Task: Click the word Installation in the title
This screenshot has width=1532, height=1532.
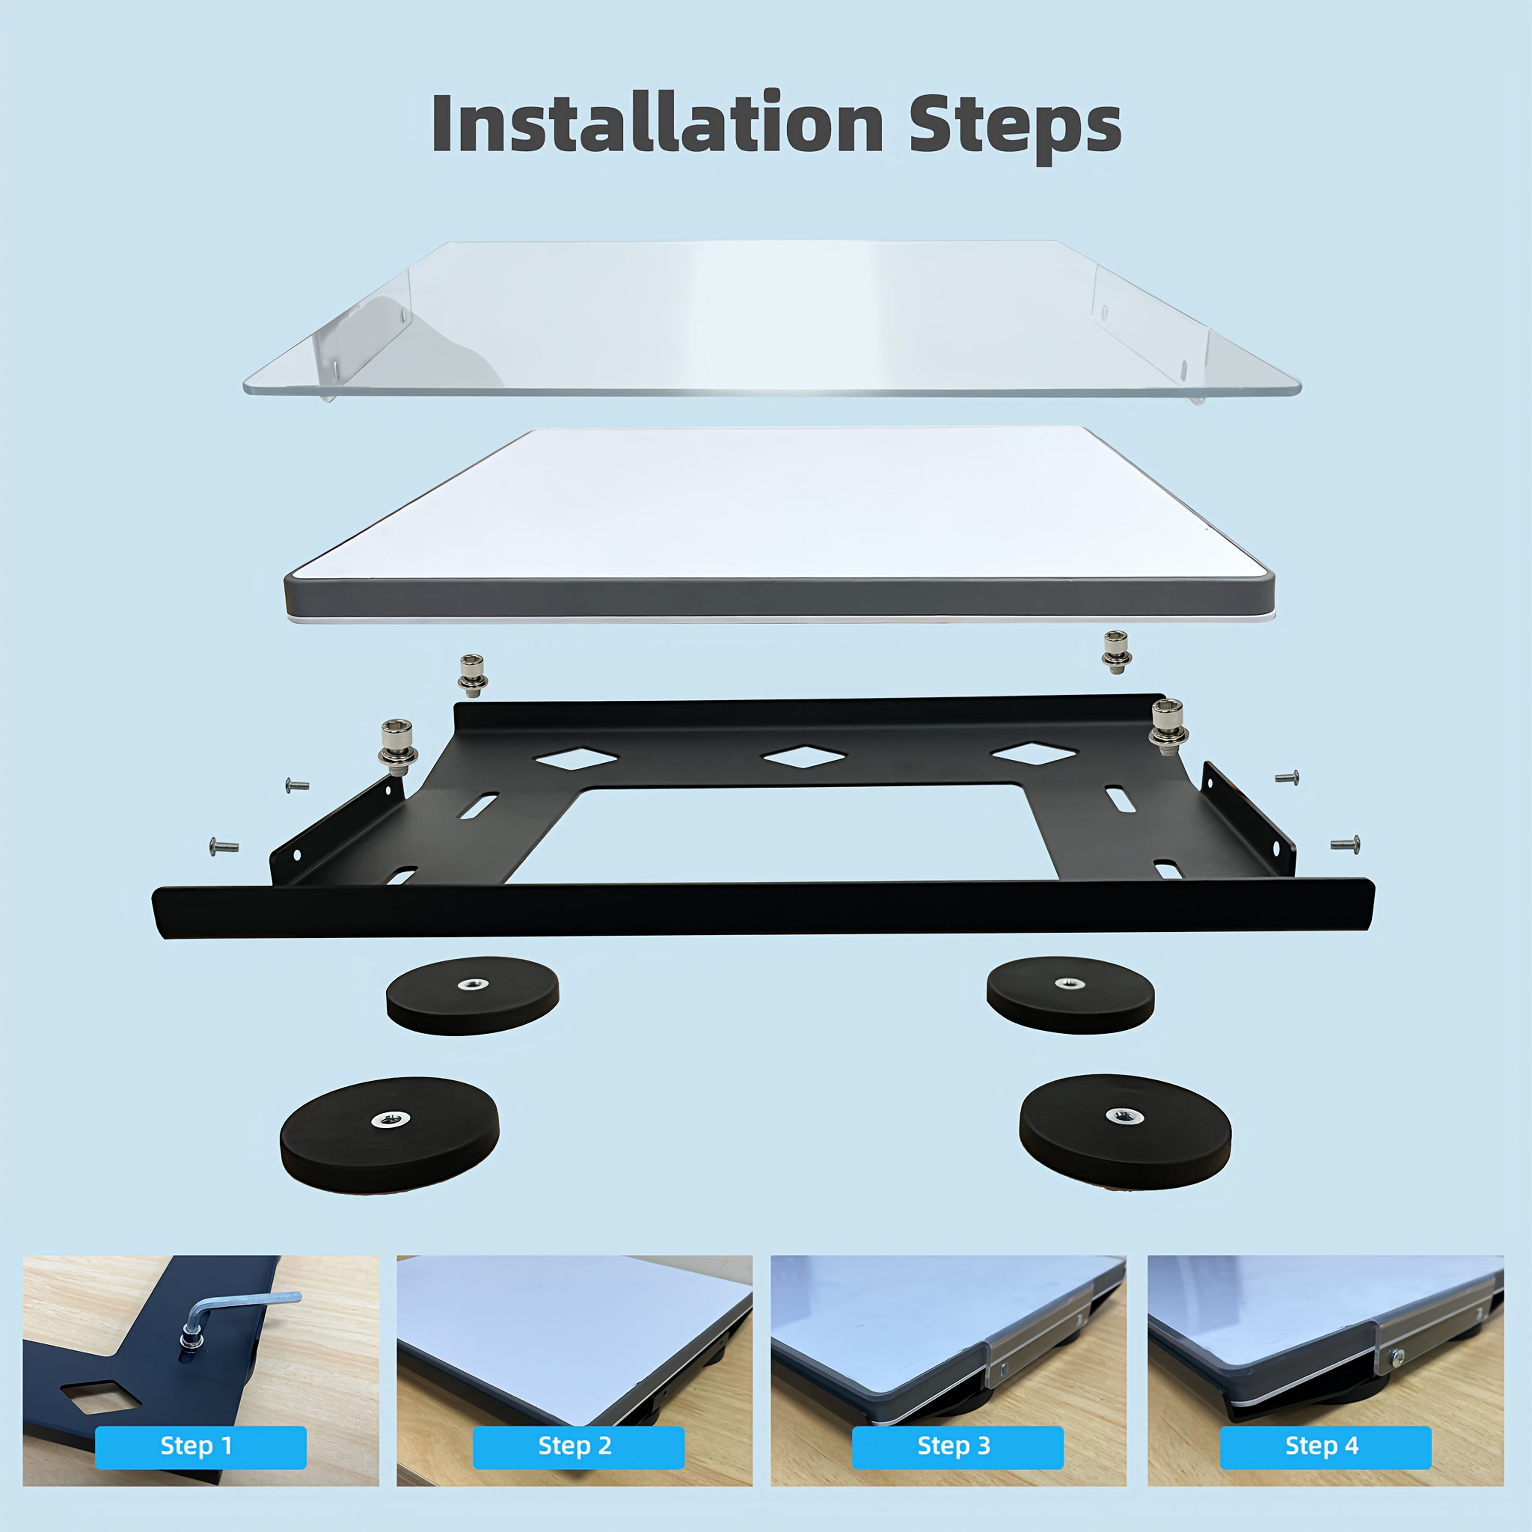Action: (x=657, y=123)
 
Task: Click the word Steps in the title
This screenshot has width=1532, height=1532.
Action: (x=1015, y=127)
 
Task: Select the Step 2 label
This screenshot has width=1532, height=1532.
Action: (x=578, y=1445)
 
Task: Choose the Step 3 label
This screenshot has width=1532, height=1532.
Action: (x=957, y=1445)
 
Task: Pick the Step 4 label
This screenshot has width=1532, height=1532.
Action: (x=1325, y=1445)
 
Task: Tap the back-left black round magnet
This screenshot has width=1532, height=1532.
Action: (x=473, y=995)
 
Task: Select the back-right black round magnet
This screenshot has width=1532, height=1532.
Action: (x=1071, y=994)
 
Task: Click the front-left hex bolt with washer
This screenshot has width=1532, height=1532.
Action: (x=398, y=748)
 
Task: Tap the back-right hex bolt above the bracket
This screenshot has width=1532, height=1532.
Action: (x=1116, y=652)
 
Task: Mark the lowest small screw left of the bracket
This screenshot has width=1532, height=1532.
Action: (x=224, y=847)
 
